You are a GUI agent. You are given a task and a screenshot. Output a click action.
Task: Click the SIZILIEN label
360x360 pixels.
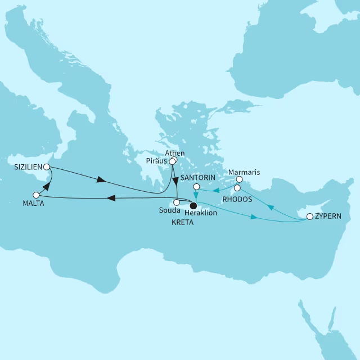[28, 167]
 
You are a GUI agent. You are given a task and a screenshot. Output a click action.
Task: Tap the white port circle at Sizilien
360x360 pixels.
[47, 167]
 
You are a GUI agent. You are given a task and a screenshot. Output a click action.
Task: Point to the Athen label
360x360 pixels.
[175, 154]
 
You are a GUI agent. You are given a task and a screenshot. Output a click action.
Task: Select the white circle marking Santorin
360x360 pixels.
[196, 186]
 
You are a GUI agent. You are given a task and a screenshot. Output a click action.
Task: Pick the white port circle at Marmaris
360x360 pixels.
[239, 181]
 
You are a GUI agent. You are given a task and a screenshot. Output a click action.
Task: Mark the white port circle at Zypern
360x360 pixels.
[309, 216]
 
